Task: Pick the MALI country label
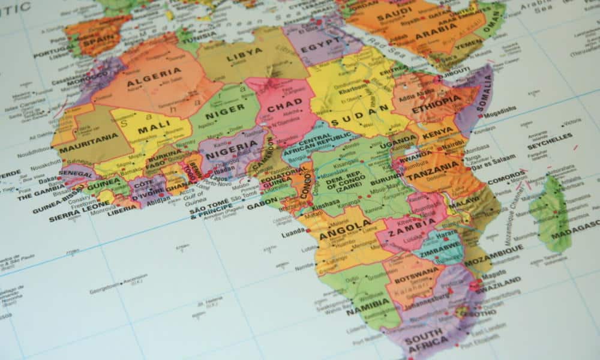click(x=151, y=130)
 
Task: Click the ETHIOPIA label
click(x=437, y=100)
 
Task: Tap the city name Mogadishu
click(x=499, y=110)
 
